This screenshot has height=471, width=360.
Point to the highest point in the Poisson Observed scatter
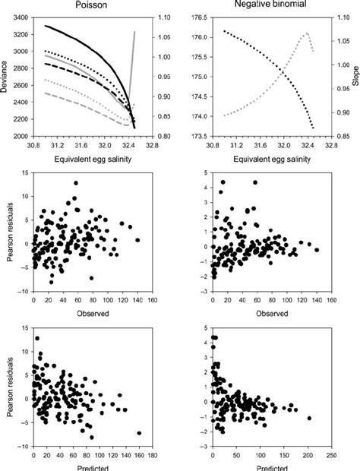(x=76, y=182)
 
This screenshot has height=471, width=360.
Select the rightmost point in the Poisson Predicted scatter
(x=139, y=433)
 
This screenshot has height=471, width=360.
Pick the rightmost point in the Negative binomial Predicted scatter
(x=309, y=419)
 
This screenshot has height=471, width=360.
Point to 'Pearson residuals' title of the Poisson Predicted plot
(x=8, y=386)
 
